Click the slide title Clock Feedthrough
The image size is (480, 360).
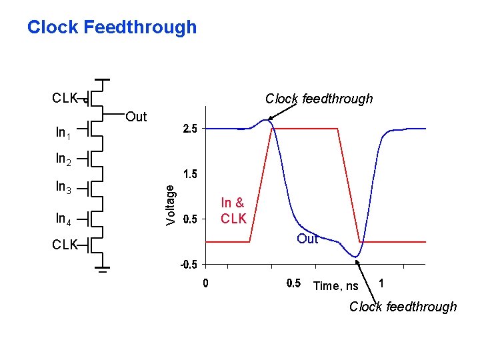[x=112, y=27]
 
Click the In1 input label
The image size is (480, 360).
[x=64, y=133]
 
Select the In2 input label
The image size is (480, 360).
[x=64, y=159]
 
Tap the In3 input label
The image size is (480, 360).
[x=64, y=189]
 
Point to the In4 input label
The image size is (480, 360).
[x=64, y=218]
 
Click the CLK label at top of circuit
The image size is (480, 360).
[x=65, y=99]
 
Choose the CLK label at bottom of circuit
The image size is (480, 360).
[x=65, y=245]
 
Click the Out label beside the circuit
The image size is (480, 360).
[x=136, y=117]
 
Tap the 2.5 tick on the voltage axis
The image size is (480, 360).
[x=190, y=129]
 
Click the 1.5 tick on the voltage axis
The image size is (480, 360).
[x=190, y=174]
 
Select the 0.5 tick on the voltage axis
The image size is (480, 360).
[x=190, y=219]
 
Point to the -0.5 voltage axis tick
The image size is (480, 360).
[x=189, y=265]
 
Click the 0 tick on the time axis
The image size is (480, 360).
[x=205, y=283]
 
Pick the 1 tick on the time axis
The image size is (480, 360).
[x=381, y=283]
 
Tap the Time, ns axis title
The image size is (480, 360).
[x=335, y=286]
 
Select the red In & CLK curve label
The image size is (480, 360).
[x=233, y=211]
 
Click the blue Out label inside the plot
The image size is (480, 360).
[x=307, y=239]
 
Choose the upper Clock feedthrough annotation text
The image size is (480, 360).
[x=319, y=99]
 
